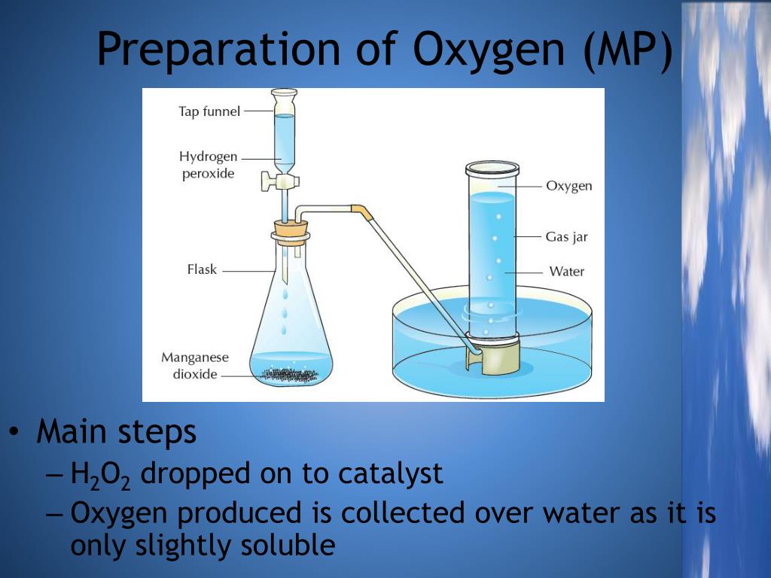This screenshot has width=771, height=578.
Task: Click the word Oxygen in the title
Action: click(x=489, y=50)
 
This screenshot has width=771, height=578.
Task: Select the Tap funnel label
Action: click(x=209, y=111)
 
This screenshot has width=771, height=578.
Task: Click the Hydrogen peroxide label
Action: click(x=208, y=165)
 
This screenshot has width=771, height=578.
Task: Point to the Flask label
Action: click(x=202, y=269)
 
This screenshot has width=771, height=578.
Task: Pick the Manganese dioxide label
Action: click(x=194, y=366)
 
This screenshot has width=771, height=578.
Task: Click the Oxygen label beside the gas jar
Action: click(x=568, y=186)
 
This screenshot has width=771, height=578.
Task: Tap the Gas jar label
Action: click(x=566, y=237)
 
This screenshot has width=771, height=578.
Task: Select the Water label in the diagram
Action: click(x=566, y=271)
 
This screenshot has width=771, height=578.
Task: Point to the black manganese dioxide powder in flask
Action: click(x=290, y=373)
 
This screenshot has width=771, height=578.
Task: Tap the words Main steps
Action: click(x=117, y=433)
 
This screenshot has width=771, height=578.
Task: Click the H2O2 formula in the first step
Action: click(x=100, y=475)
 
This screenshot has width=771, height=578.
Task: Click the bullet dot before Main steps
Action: click(x=14, y=433)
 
